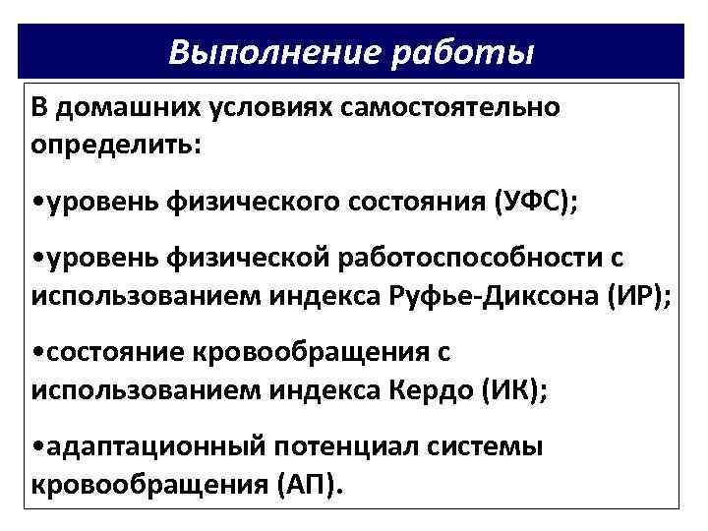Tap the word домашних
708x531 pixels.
coord(122,106)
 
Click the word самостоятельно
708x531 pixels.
coord(451,106)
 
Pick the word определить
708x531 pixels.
coord(116,144)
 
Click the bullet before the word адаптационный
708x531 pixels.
coord(36,446)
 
